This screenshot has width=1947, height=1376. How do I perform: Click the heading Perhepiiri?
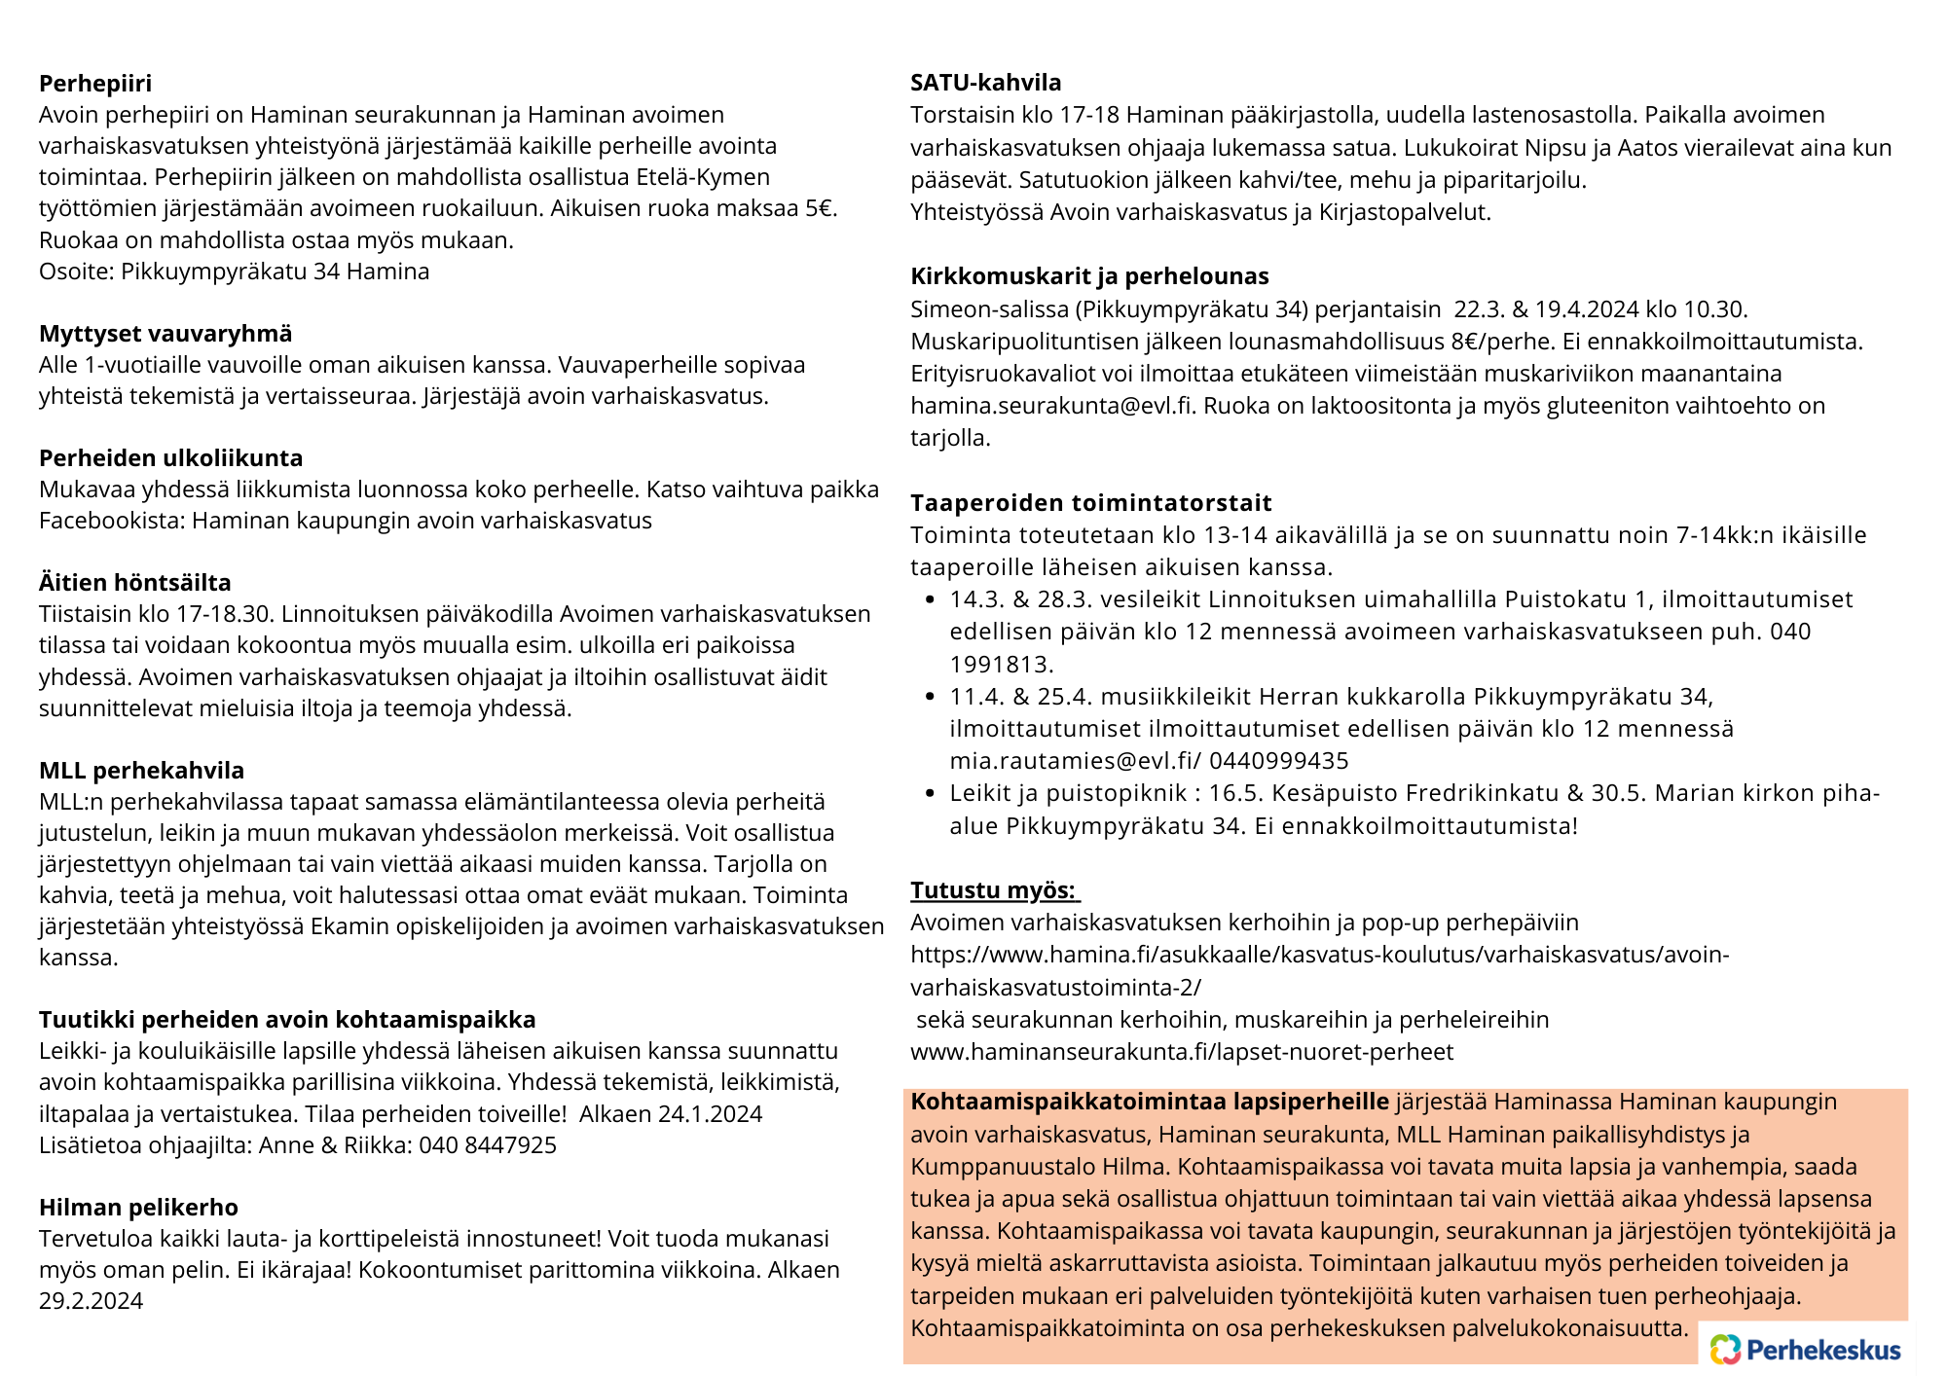95,84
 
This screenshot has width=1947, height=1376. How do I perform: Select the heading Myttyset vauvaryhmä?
165,334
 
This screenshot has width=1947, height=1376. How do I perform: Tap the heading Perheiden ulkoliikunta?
170,458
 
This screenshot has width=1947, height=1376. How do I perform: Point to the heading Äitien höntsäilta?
135,583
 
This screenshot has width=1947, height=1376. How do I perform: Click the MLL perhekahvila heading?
141,771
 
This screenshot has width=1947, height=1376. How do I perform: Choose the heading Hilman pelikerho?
138,1208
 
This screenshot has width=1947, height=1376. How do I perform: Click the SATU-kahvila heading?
985,83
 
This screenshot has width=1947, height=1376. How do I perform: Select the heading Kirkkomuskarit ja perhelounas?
1089,276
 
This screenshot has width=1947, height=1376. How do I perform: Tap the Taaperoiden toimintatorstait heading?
1090,503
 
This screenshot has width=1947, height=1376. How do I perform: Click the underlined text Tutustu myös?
993,890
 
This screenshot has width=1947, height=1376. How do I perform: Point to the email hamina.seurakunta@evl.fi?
1051,406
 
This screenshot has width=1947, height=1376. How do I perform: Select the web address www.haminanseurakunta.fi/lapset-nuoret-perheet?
1181,1052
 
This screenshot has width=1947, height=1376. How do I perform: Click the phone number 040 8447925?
488,1145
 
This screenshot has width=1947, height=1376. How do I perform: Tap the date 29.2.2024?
91,1301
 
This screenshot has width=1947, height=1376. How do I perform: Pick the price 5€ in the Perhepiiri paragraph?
821,209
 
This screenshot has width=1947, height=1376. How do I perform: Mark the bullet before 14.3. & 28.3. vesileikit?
931,600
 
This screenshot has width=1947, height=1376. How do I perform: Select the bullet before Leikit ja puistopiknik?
931,794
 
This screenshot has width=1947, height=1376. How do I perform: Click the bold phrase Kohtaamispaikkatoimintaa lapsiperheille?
1150,1102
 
